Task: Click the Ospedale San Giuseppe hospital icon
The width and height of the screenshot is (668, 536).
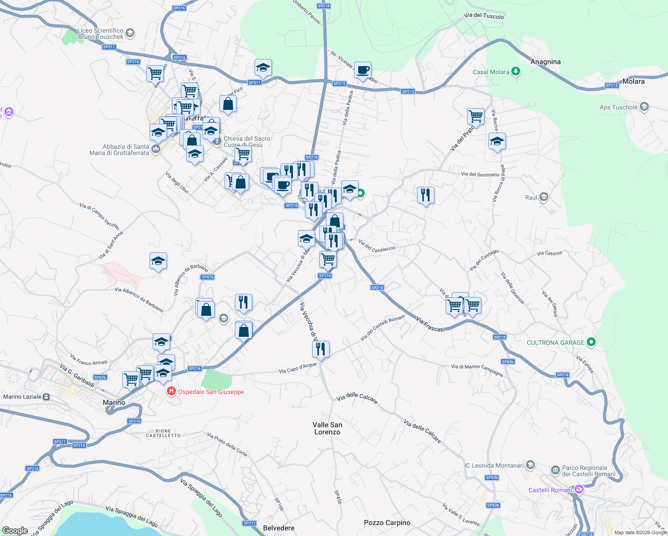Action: (171, 392)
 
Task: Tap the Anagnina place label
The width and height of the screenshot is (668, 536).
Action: (545, 62)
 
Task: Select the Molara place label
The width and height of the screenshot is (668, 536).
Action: (633, 81)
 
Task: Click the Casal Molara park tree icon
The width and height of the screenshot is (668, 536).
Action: (516, 71)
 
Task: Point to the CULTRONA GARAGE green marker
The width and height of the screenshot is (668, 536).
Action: (591, 343)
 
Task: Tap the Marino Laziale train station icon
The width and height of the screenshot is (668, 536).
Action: (46, 397)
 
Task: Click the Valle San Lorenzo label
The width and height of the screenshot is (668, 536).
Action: (327, 428)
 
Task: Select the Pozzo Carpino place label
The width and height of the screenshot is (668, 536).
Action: (387, 523)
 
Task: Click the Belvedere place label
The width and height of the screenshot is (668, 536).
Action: (279, 528)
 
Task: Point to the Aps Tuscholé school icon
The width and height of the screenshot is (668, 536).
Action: (644, 107)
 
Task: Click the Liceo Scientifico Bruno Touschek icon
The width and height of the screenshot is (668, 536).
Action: (130, 33)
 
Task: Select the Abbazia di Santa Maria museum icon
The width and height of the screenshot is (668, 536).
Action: (155, 149)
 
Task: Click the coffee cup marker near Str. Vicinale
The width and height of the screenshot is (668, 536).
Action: (363, 70)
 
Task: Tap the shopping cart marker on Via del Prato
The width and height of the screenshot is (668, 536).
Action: (476, 117)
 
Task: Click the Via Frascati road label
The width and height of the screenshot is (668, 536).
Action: (430, 324)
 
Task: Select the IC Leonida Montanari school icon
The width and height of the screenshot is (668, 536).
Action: (530, 465)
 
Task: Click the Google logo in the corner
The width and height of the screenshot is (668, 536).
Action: (15, 531)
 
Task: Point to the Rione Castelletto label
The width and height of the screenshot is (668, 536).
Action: (163, 433)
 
